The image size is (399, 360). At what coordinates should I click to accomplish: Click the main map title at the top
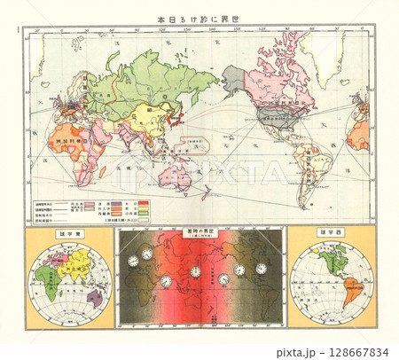[x=199, y=19]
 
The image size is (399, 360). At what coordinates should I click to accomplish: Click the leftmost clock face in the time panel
[x=133, y=262]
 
